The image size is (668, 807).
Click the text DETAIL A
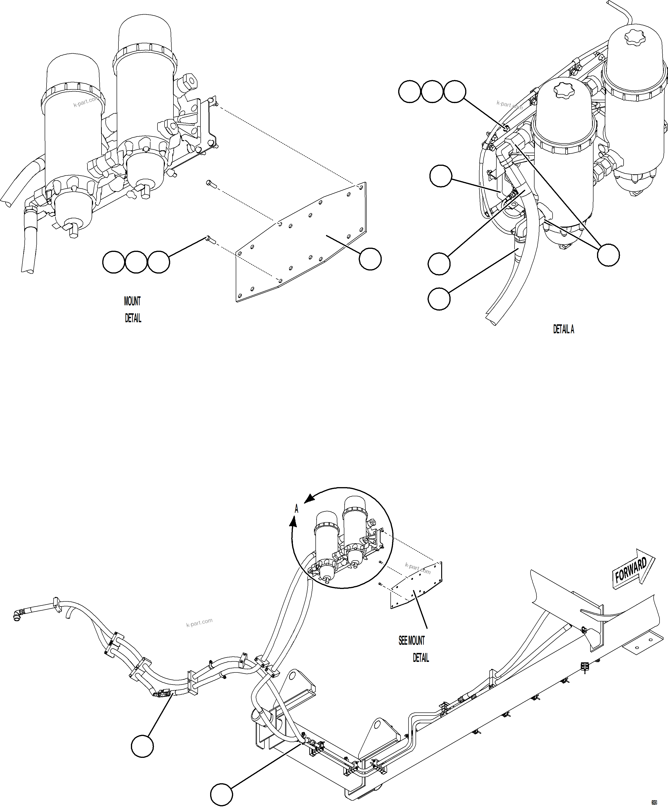pos(563,329)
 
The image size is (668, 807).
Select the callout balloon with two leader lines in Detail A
pos(608,255)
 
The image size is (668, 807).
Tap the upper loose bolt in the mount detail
pos(211,184)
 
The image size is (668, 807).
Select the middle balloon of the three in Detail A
pos(432,91)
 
